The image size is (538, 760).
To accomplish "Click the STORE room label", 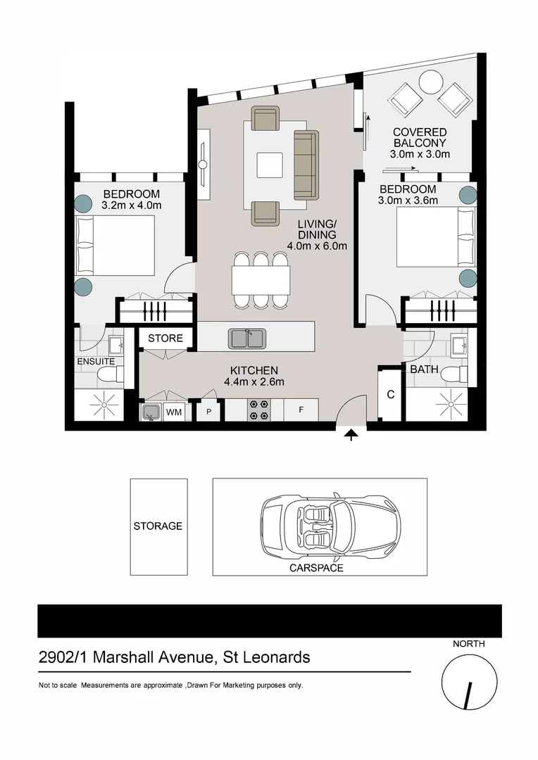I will coord(165,338).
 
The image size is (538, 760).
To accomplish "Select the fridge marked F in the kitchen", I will coord(301,409).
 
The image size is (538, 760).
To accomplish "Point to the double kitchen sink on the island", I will coord(247,338).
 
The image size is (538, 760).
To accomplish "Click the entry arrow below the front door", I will coord(351,437).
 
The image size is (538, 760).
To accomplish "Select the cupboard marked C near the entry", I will coord(390,394).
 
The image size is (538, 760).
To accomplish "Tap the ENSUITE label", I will coord(95,361).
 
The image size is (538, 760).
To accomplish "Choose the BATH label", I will coord(424,369).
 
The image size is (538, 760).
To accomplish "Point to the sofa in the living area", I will coord(306,164).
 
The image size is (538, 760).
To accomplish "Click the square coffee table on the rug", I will coord(270,165).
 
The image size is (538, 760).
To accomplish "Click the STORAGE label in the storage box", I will coord(158,526).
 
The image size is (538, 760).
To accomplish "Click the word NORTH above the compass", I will coord(468,642).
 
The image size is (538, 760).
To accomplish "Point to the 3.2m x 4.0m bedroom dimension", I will coord(132,205).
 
